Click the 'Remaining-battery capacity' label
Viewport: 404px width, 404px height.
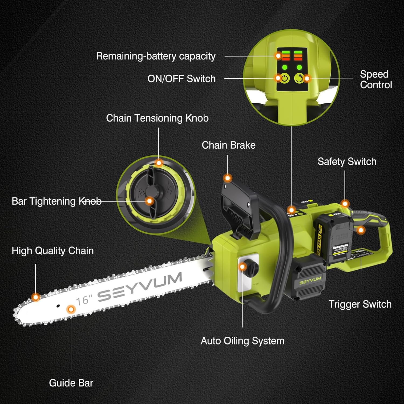(156, 56)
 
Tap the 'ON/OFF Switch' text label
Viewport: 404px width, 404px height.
(181, 79)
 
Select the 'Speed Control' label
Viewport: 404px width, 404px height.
(376, 79)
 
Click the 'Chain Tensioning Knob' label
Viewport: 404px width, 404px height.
(157, 118)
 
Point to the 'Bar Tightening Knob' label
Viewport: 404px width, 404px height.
(57, 201)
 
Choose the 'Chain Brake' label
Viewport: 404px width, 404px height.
(228, 145)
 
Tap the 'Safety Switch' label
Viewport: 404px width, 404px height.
(347, 162)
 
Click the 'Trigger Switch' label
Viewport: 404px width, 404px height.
(360, 304)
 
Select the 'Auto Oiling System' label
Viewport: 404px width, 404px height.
(242, 341)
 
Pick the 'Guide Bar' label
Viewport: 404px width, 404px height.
(71, 383)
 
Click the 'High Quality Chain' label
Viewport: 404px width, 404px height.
(53, 251)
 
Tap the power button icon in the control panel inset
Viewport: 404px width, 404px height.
(285, 78)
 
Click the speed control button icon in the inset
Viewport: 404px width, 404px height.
(298, 78)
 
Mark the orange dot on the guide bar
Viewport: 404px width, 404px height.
(71, 309)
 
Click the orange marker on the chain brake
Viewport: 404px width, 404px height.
(228, 178)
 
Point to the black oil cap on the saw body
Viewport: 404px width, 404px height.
(252, 268)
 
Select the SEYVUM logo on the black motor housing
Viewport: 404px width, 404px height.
(310, 281)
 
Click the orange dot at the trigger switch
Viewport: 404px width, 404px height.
(361, 230)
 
